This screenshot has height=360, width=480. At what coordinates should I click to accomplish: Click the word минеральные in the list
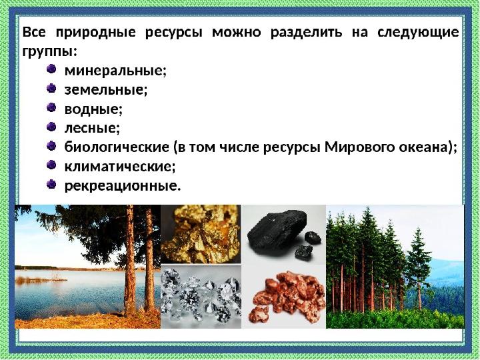click(114, 70)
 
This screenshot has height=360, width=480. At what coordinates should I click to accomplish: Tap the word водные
click(93, 108)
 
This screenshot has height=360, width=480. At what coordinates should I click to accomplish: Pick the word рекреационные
click(121, 185)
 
